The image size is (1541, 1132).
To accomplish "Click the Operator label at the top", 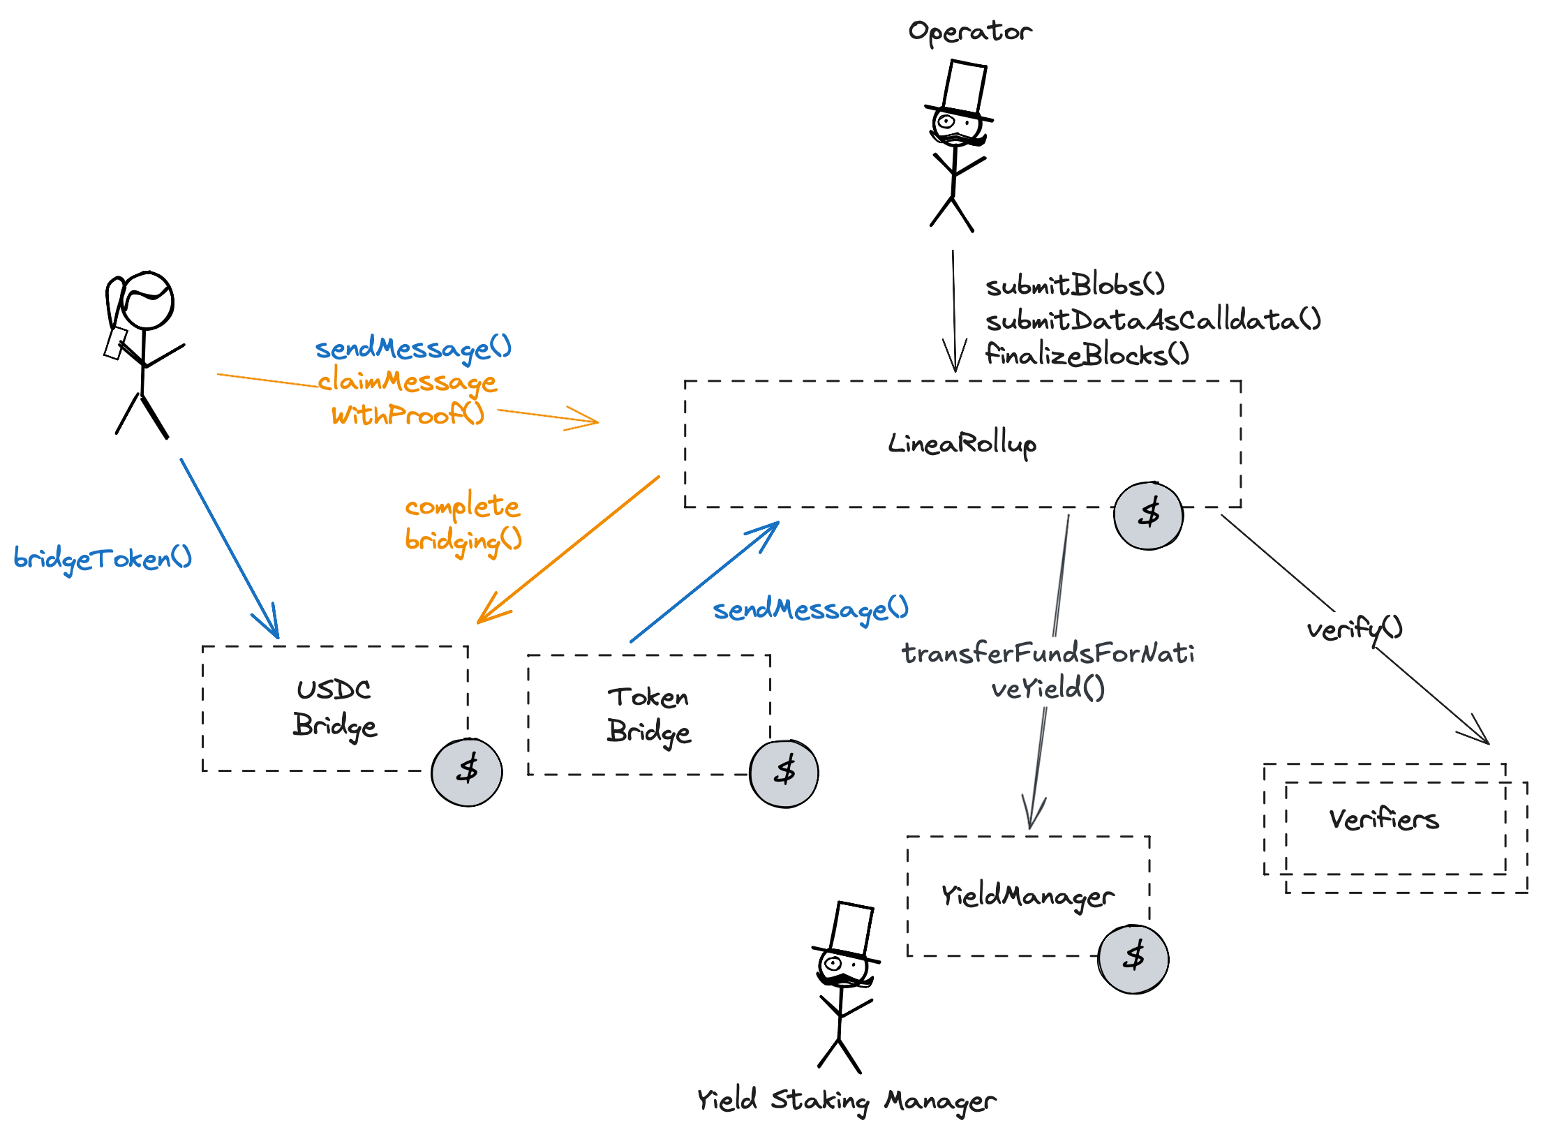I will pyautogui.click(x=970, y=31).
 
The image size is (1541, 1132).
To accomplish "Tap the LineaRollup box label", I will pyautogui.click(x=962, y=443).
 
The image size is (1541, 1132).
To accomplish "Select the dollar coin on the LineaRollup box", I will pyautogui.click(x=1148, y=515).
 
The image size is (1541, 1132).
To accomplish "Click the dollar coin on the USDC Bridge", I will pyautogui.click(x=467, y=771).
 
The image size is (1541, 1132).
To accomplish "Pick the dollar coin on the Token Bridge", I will pyautogui.click(x=784, y=772).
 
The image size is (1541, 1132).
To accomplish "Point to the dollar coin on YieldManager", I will pyautogui.click(x=1133, y=958).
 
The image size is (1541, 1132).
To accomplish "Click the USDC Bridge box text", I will pyautogui.click(x=334, y=708).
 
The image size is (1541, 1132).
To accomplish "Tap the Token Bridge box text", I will pyautogui.click(x=648, y=714).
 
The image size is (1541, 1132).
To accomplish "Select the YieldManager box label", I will pyautogui.click(x=1027, y=895).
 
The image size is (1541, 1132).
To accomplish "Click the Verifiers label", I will pyautogui.click(x=1383, y=819).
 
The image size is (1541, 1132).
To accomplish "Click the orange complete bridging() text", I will pyautogui.click(x=463, y=523).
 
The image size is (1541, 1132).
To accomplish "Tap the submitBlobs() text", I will pyautogui.click(x=1075, y=285).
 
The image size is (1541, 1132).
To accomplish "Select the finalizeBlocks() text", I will pyautogui.click(x=1087, y=355).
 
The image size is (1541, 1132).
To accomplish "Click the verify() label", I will pyautogui.click(x=1354, y=630).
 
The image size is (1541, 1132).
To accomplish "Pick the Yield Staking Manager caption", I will pyautogui.click(x=846, y=1101).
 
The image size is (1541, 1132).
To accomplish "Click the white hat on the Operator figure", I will pyautogui.click(x=965, y=87).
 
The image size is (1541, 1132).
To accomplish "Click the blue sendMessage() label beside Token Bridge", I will pyautogui.click(x=810, y=609).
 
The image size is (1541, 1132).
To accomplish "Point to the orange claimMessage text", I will pyautogui.click(x=408, y=382).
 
